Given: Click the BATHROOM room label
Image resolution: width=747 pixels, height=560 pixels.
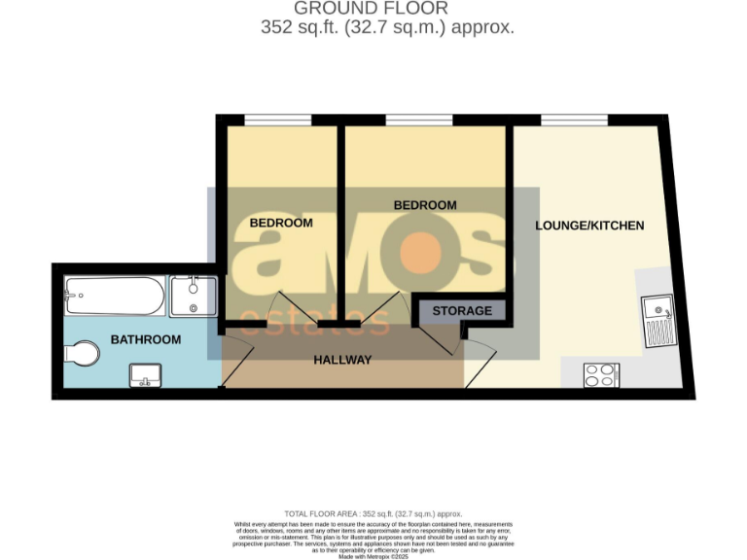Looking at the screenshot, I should coord(146,339).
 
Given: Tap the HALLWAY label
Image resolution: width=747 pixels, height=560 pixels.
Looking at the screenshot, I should coord(342,360).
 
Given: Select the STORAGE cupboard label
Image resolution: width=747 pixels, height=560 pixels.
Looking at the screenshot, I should coord(462,311).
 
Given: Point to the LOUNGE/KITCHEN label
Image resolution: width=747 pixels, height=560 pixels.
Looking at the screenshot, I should coord(589,226).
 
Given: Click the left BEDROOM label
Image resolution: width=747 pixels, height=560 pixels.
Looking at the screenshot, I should coord(281,223).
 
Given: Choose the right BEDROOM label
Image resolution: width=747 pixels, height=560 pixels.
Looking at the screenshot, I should coord(425,205).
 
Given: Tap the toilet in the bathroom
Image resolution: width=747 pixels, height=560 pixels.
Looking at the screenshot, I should coord(81,352).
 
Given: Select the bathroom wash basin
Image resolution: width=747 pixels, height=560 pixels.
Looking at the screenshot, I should coord(147,374).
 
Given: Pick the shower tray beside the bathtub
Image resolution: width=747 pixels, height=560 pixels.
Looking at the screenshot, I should coord(194,296).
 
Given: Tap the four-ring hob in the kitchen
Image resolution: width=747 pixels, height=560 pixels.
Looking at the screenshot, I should coord(602,375).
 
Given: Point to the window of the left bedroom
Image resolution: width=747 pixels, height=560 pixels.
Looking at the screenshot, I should coord(277,120).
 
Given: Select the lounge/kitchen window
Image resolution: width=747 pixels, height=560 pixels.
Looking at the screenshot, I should coord(574,120).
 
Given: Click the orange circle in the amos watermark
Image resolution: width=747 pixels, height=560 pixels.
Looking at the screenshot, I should coord(422,254).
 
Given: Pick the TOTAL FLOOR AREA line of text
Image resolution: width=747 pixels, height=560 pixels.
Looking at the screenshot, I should coord(373,513).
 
